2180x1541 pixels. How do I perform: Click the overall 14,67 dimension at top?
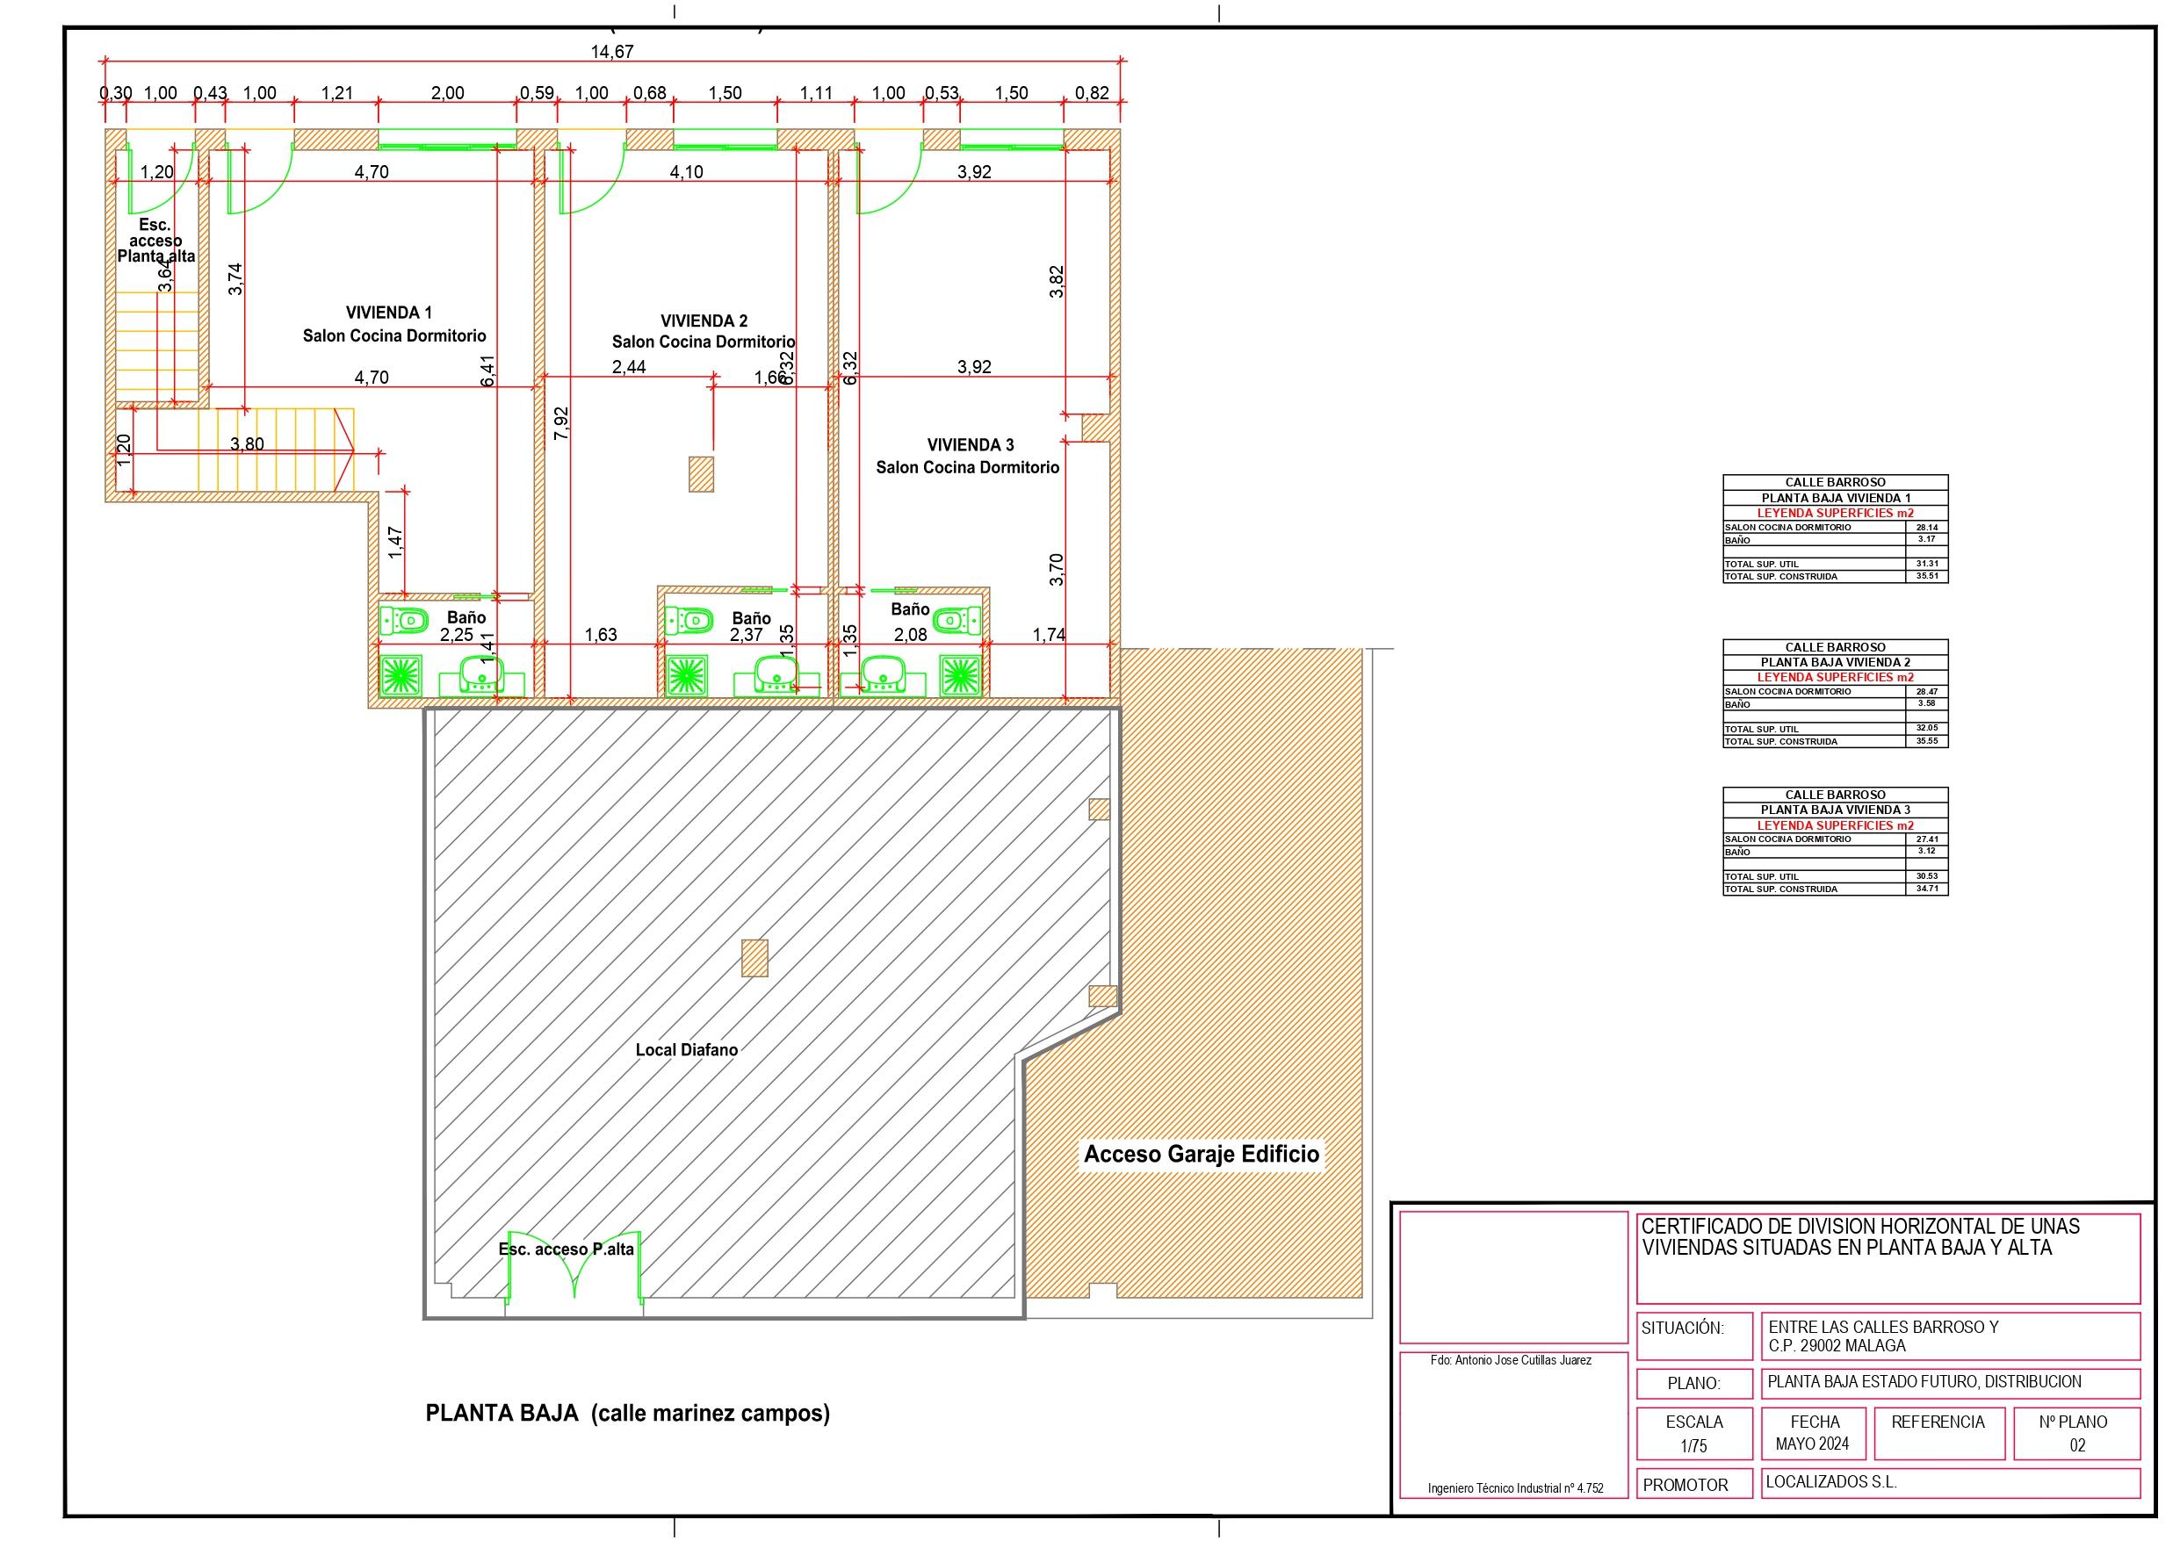pos(611,51)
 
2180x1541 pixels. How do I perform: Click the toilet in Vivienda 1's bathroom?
pos(403,621)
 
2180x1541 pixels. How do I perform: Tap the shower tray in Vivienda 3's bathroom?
pos(958,674)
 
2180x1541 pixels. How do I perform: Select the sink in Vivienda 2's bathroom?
pos(776,676)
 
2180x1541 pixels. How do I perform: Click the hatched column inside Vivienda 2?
pos(702,474)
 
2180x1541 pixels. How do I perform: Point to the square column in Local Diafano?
pos(754,958)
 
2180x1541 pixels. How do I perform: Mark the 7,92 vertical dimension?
pos(562,421)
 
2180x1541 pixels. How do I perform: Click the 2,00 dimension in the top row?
pos(448,93)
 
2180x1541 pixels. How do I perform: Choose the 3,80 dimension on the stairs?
pos(247,444)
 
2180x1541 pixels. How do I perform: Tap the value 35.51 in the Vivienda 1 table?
pos(1926,576)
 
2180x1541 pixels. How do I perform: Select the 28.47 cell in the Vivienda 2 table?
pos(1926,692)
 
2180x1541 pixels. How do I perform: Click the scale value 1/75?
pos(1694,1446)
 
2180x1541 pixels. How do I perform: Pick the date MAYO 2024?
pos(1813,1444)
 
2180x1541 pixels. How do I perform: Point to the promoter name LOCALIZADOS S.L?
pos(1831,1482)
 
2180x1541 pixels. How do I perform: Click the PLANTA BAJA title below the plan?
pos(626,1413)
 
